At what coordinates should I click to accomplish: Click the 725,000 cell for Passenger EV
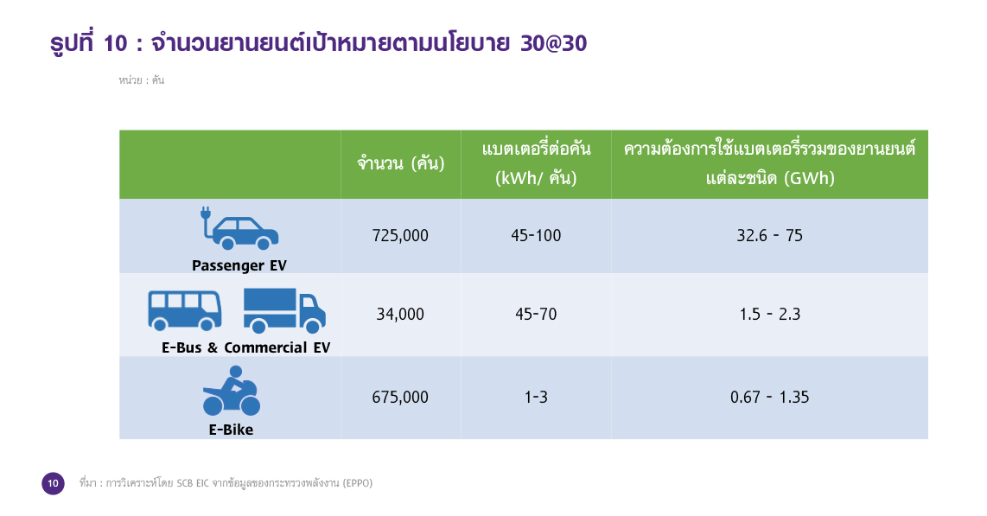click(400, 235)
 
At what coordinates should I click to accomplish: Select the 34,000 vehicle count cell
click(400, 314)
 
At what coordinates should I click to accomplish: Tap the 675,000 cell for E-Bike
click(400, 397)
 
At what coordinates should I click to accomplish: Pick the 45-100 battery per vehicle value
click(536, 235)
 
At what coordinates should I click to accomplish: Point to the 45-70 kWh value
click(536, 314)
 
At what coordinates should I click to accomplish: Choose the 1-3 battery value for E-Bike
click(536, 397)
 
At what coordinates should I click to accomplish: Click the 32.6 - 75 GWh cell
click(769, 235)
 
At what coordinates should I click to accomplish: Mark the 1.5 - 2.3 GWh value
click(769, 314)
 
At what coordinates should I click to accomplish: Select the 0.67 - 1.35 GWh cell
click(769, 397)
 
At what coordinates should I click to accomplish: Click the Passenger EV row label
click(239, 265)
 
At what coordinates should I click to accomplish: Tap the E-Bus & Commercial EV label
click(245, 347)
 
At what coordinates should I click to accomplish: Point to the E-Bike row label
click(231, 430)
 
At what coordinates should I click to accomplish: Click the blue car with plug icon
click(239, 228)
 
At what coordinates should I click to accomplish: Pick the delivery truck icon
click(284, 311)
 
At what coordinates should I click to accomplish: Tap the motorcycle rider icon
click(231, 391)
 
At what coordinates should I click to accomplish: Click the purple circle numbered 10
click(53, 483)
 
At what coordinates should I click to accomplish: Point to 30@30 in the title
click(554, 43)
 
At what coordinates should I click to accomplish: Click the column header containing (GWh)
click(769, 164)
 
